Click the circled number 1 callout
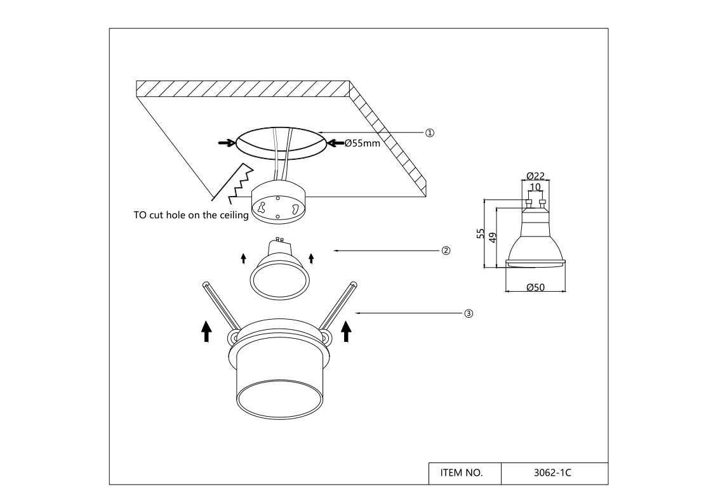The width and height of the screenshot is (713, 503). (430, 133)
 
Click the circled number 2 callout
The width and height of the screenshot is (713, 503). (446, 251)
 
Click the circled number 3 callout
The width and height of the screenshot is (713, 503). (469, 313)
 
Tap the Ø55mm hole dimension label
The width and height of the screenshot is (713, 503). (362, 143)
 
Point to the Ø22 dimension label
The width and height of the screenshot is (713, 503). (535, 176)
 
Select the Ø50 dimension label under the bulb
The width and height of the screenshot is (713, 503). (535, 287)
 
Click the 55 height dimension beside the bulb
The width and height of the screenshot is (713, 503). (480, 233)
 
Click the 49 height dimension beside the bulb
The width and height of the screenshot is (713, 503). (493, 237)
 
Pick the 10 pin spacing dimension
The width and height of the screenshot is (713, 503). (535, 186)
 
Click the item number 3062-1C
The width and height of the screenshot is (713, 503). (552, 473)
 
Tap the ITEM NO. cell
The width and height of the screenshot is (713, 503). (462, 473)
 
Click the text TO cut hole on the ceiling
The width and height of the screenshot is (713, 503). (191, 215)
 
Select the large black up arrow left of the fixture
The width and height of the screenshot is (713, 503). (206, 331)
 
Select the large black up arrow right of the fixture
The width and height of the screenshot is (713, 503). (347, 331)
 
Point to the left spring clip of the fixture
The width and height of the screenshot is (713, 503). (221, 305)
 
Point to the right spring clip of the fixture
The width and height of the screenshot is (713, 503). (338, 305)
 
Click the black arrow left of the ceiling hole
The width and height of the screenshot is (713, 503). (227, 143)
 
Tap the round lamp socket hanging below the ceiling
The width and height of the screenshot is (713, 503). (278, 202)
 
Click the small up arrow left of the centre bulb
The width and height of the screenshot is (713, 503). (243, 259)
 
